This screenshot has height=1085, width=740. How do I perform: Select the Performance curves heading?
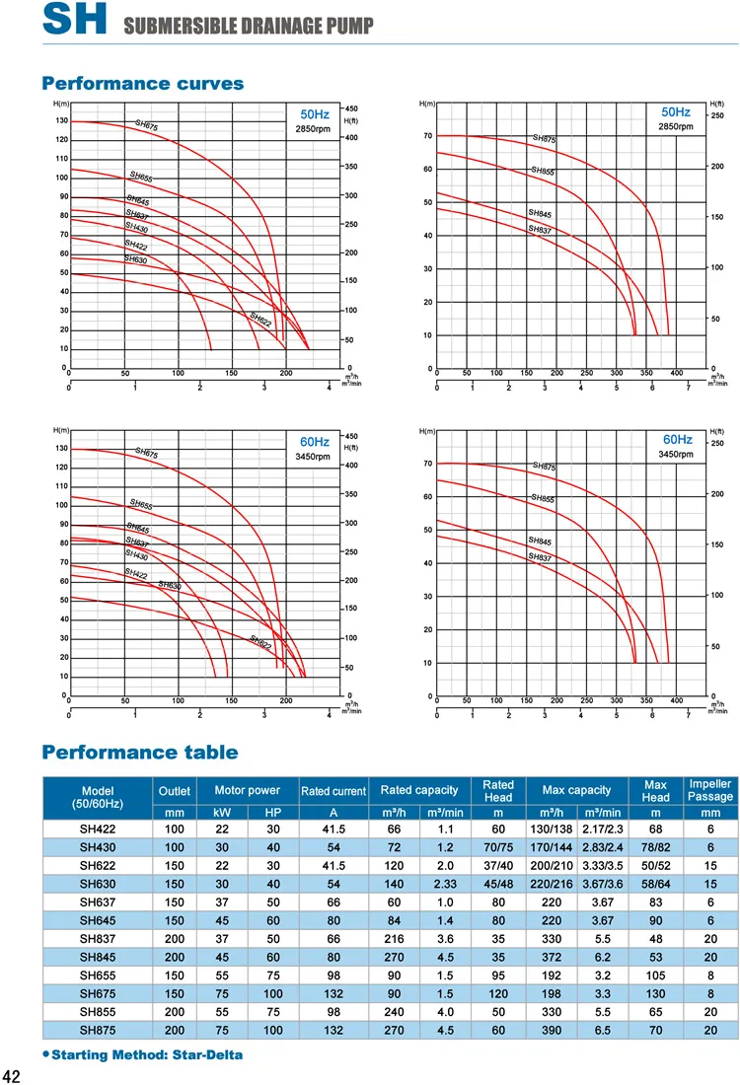click(142, 84)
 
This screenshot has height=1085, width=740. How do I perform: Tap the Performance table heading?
click(139, 753)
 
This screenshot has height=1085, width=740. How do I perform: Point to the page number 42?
click(13, 1075)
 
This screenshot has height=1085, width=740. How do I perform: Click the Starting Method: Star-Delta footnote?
click(145, 1054)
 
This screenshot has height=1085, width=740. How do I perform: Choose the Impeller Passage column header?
click(709, 790)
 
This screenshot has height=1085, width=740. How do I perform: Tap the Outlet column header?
click(175, 790)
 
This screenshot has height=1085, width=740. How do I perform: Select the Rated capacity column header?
click(418, 790)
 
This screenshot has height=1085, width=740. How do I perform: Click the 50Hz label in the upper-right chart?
click(675, 113)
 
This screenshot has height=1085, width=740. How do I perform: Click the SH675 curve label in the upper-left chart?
click(146, 125)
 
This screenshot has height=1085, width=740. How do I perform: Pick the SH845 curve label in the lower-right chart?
click(539, 542)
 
